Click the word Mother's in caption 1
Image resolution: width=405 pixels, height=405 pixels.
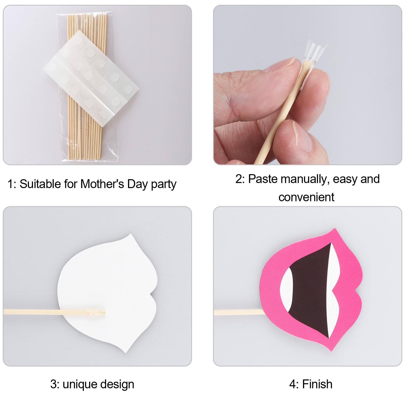pyautogui.click(x=102, y=184)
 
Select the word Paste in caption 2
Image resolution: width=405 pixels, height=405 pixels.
pyautogui.click(x=263, y=179)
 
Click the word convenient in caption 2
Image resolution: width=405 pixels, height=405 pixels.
pyautogui.click(x=306, y=197)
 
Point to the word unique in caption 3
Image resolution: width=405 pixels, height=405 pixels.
pyautogui.click(x=80, y=385)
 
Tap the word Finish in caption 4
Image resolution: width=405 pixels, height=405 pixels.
pyautogui.click(x=317, y=384)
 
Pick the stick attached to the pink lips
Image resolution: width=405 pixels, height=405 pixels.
pyautogui.click(x=239, y=312)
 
